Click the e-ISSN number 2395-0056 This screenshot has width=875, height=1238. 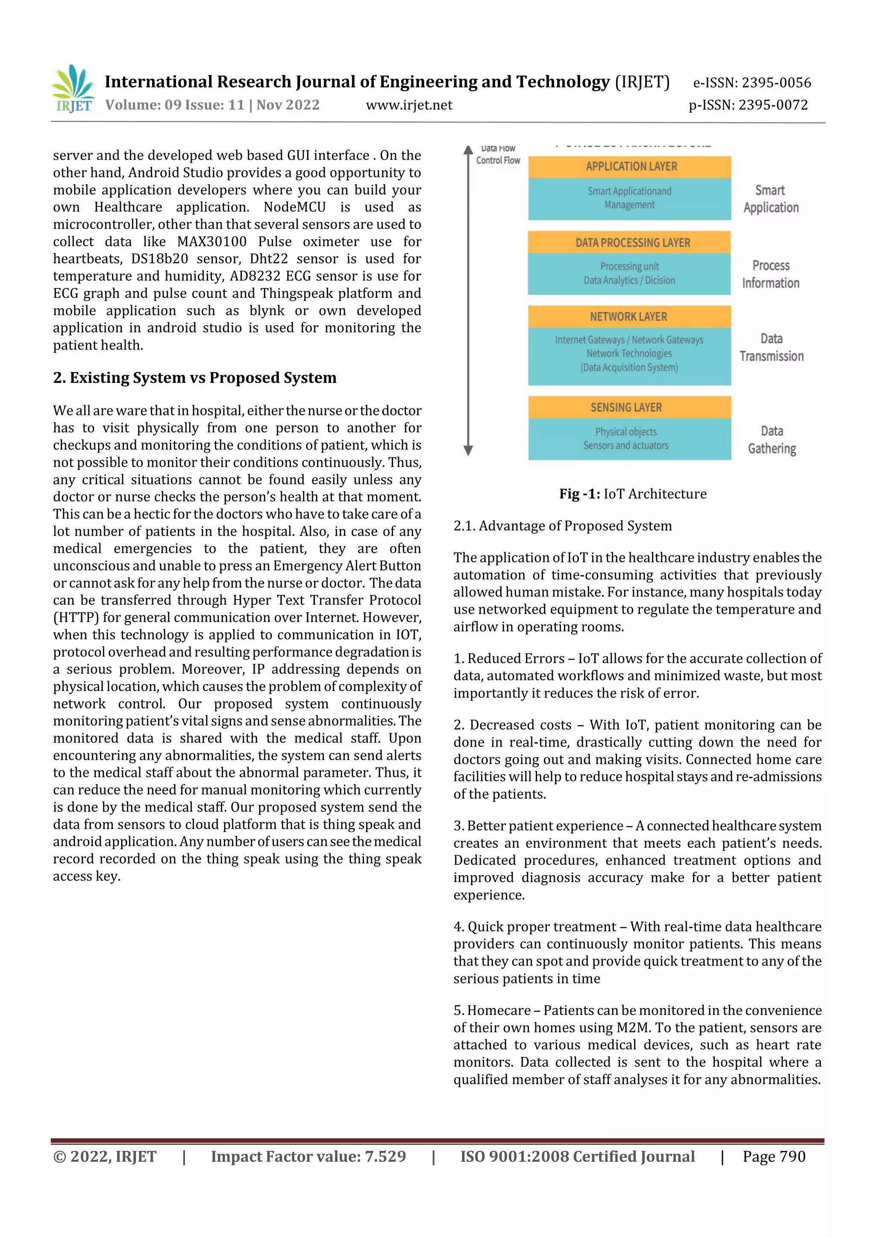[776, 82]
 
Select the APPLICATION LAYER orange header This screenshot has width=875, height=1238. [630, 167]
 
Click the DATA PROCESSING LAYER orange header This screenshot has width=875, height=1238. [630, 243]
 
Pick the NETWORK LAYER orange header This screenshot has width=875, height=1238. [630, 317]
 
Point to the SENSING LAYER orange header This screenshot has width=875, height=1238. [630, 408]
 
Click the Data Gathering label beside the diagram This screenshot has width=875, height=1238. [772, 439]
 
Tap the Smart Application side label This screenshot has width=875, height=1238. [770, 199]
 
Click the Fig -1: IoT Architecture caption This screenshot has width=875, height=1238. [632, 494]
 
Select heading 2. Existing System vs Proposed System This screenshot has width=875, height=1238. [195, 377]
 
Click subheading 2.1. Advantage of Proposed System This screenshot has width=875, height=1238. [562, 526]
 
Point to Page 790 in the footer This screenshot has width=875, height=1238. [774, 1156]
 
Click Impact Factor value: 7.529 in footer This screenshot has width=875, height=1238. [308, 1156]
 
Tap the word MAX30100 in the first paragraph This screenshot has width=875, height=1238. [212, 241]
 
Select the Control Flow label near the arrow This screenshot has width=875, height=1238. [498, 160]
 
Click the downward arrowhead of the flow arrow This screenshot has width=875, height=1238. [468, 450]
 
